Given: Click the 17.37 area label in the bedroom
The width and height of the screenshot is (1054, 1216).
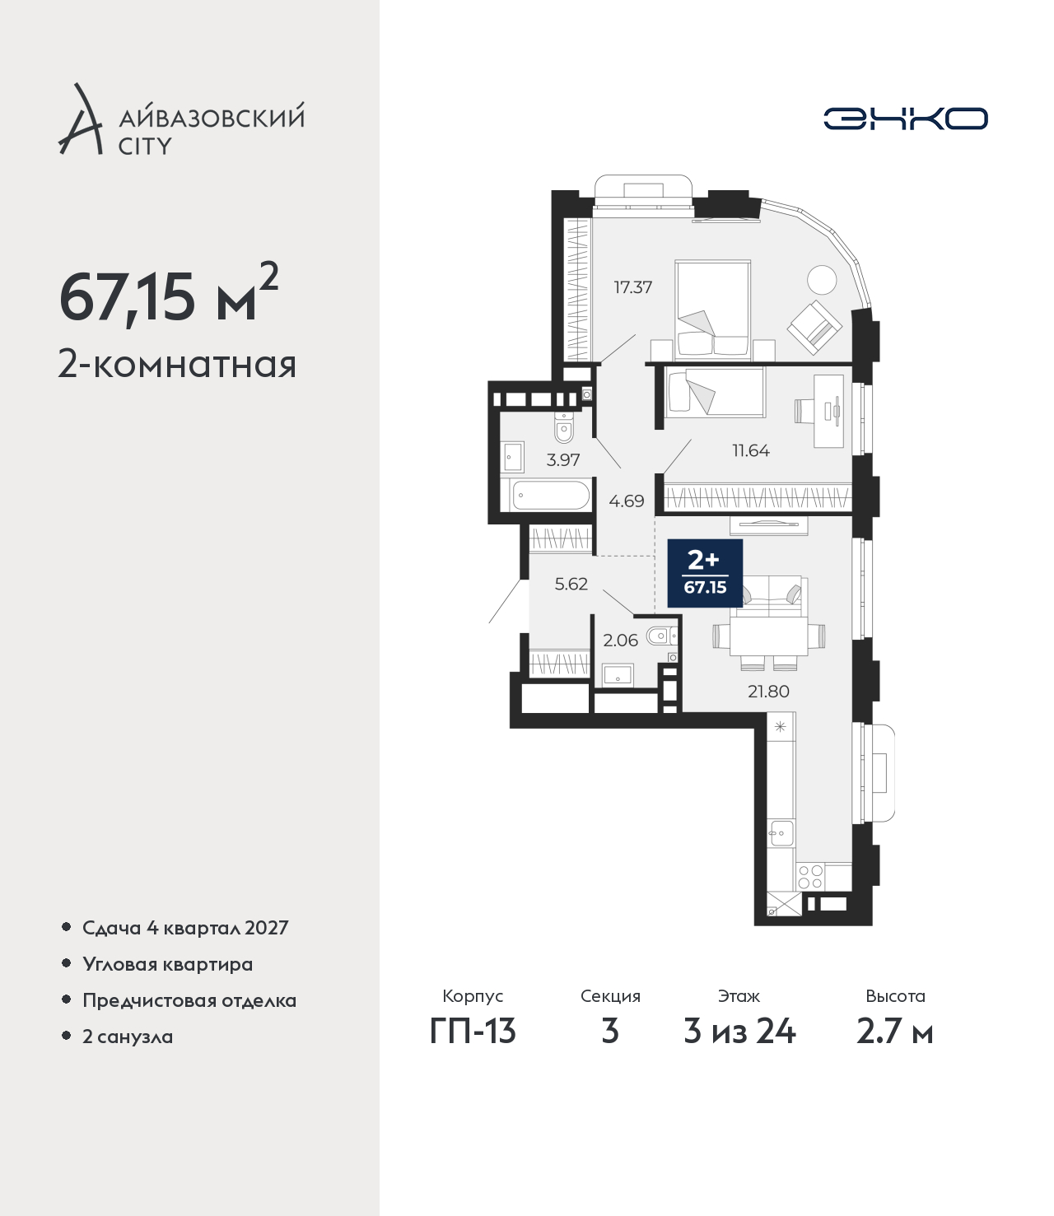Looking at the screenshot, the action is pos(632,287).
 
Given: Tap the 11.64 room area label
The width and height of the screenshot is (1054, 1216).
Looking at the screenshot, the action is pos(751,451).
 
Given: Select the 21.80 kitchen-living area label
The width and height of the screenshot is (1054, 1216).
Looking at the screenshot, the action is pos(768,692).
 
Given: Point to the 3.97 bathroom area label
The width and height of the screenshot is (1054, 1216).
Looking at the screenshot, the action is pos(563,460).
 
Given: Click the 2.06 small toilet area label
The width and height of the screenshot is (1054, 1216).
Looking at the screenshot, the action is pos(620,641).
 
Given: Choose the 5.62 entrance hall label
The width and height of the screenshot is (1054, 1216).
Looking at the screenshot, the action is pos(571,585).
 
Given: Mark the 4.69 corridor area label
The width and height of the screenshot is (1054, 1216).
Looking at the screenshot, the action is pos(627,502).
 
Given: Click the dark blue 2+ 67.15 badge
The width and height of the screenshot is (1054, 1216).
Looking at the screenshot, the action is pos(705,573).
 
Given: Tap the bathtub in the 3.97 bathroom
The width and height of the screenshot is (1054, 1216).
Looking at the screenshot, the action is pos(551,496).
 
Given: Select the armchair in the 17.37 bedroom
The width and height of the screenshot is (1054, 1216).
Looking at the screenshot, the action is pos(816,328).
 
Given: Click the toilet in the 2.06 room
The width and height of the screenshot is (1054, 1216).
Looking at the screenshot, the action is pos(661,636).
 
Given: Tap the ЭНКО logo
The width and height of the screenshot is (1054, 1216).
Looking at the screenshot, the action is pos(905,119).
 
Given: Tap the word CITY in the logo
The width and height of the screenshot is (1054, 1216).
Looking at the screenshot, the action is pos(145,147).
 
